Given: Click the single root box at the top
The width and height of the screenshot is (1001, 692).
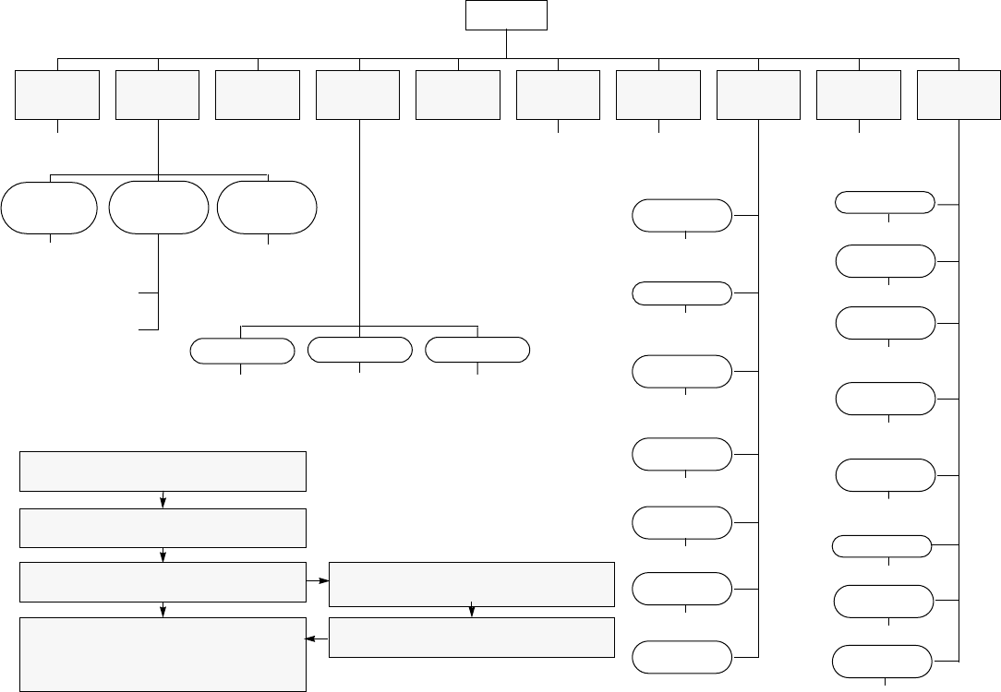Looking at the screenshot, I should click(x=506, y=16).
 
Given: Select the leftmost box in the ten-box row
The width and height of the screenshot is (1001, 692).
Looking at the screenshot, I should click(x=57, y=95).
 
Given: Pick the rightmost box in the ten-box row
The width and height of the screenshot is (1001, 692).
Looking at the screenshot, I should click(x=959, y=95).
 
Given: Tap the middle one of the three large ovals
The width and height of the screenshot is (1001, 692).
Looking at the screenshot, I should click(x=158, y=208).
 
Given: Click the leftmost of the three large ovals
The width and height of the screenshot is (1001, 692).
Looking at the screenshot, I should click(x=49, y=208).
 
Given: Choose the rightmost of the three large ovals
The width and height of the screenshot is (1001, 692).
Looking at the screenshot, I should click(x=267, y=208).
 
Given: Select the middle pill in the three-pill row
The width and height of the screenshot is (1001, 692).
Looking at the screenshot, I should click(x=359, y=351).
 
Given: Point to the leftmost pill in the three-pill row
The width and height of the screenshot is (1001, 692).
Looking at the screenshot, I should click(x=242, y=351).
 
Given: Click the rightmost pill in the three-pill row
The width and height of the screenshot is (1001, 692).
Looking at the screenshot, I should click(x=477, y=351).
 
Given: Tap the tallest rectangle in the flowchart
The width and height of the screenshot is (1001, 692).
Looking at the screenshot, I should click(x=163, y=654).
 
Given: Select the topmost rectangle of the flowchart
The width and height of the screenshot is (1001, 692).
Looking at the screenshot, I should click(x=163, y=471).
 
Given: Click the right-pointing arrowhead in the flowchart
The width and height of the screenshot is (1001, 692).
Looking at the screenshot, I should click(x=323, y=581).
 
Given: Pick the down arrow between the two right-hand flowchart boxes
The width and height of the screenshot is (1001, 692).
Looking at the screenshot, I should click(x=472, y=611).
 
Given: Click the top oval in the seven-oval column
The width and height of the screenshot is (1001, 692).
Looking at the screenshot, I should click(x=682, y=215).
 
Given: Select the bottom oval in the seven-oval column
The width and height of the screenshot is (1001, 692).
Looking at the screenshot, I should click(x=682, y=658).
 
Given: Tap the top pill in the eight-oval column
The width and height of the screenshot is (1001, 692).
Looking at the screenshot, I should click(x=885, y=203).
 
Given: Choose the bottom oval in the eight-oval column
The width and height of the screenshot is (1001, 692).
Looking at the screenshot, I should click(x=883, y=662).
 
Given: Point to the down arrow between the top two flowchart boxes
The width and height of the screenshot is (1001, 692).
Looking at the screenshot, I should click(x=163, y=501).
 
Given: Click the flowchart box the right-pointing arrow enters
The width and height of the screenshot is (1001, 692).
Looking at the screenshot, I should click(x=472, y=582).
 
